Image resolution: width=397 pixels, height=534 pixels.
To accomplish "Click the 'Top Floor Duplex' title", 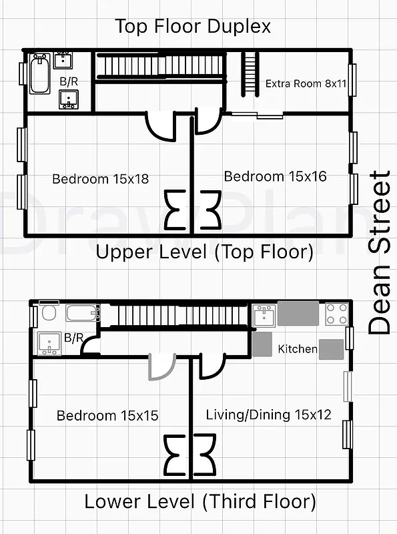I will point(193,27).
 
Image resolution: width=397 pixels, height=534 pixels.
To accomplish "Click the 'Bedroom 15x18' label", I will point(100,179).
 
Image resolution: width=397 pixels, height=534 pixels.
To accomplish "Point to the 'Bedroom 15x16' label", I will point(275,176).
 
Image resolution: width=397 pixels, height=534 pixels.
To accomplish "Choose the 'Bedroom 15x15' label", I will point(107,415).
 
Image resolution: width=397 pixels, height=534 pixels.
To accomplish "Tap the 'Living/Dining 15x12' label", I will point(268,415).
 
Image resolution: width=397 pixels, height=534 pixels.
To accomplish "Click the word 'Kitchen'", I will point(297,349).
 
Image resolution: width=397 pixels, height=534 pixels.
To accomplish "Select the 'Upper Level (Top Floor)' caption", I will point(204,252).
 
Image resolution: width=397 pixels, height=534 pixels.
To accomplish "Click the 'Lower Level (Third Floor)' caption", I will point(200,501).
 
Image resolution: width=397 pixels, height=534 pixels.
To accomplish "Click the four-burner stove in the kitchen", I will point(335,313).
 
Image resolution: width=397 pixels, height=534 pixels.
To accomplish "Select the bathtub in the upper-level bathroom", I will point(39,75).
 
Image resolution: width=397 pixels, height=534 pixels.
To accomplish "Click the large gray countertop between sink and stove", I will point(298,312).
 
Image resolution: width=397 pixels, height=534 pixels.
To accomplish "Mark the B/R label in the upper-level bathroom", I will point(68,81).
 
